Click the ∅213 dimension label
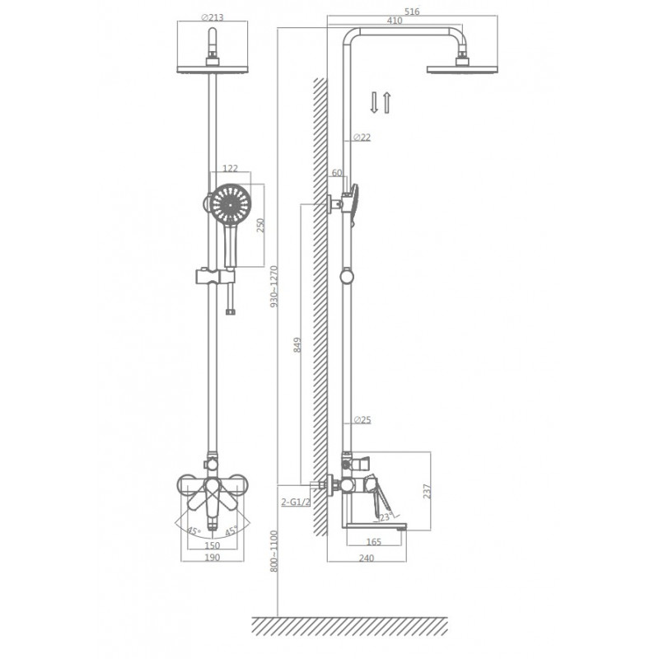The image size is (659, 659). point(213,17)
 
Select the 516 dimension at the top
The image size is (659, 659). point(412,12)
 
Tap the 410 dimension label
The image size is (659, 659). point(395,21)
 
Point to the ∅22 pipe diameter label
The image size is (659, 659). point(362,137)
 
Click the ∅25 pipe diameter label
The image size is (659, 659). point(362,419)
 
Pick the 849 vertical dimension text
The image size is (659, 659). point(297,344)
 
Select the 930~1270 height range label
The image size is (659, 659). point(274,286)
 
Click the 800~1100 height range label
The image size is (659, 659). point(274,551)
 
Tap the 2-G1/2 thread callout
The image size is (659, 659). point(296,502)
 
